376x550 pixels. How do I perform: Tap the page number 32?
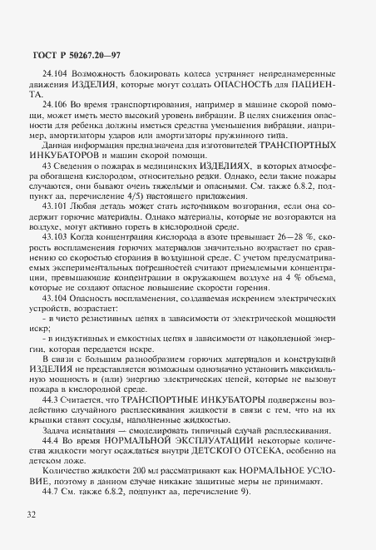[x=31, y=518]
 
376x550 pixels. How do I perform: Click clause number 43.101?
[x=52, y=226]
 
